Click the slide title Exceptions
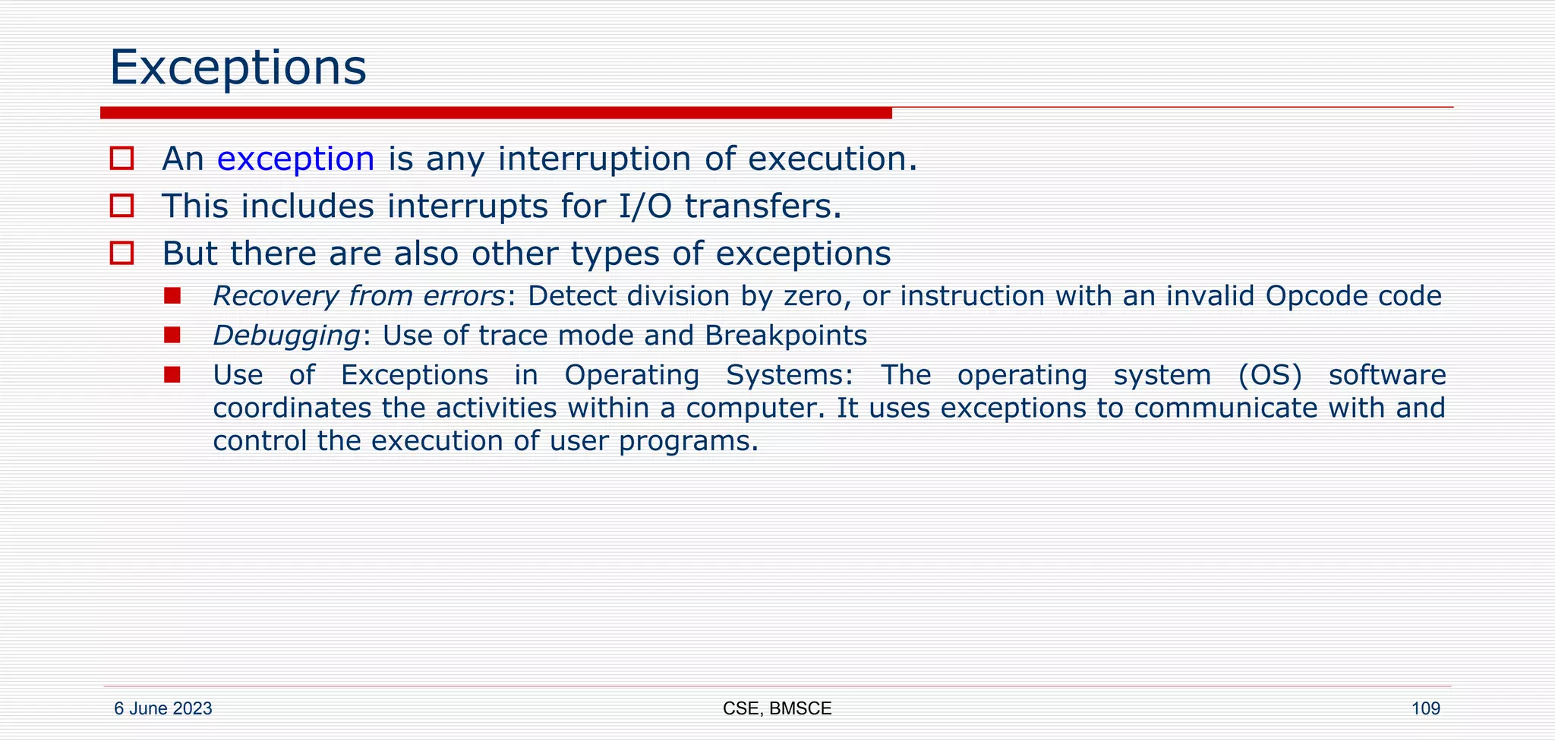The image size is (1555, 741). pyautogui.click(x=238, y=68)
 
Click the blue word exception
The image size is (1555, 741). pyautogui.click(x=295, y=159)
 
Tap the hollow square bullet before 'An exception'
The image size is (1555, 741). pyautogui.click(x=121, y=159)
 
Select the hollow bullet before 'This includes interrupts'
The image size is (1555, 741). pyautogui.click(x=121, y=206)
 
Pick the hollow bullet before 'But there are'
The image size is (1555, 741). pyautogui.click(x=121, y=253)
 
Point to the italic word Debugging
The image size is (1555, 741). pyautogui.click(x=286, y=336)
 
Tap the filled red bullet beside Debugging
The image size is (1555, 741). pyautogui.click(x=172, y=335)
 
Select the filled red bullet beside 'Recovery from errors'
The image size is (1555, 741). pyautogui.click(x=172, y=295)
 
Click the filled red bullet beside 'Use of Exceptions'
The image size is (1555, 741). pyautogui.click(x=172, y=374)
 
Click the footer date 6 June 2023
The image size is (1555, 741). pyautogui.click(x=162, y=709)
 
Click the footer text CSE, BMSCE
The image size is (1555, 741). pyautogui.click(x=777, y=709)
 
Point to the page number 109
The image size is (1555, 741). pyautogui.click(x=1425, y=709)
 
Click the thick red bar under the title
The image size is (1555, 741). pyautogui.click(x=495, y=113)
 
